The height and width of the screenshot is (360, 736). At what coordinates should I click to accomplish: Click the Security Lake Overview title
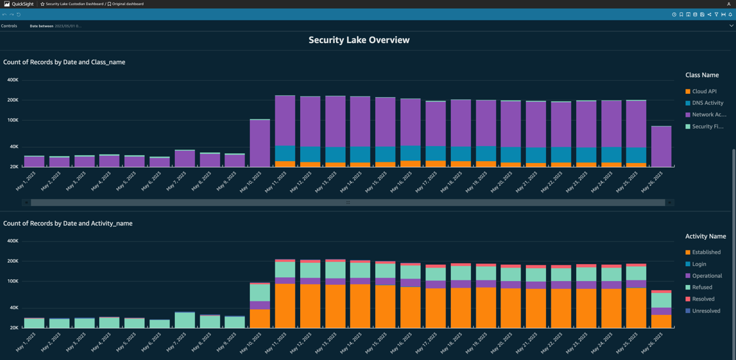click(x=359, y=40)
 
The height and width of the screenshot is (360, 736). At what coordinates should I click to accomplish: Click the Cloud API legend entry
click(x=704, y=91)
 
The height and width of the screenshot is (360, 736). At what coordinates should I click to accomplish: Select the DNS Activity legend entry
click(x=707, y=103)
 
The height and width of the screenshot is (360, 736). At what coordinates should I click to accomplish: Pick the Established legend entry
click(x=706, y=252)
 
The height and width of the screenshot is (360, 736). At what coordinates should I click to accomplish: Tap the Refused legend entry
click(x=702, y=288)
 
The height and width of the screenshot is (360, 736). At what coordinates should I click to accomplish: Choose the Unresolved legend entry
click(x=706, y=311)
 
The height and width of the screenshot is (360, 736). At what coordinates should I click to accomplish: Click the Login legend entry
click(x=699, y=264)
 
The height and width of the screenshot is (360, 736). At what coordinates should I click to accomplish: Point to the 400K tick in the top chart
click(x=13, y=80)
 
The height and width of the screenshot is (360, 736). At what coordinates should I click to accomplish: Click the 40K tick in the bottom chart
click(x=13, y=308)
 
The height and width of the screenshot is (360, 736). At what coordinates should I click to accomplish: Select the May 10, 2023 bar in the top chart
click(x=260, y=143)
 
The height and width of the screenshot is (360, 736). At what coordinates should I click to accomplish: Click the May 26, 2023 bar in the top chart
click(x=661, y=146)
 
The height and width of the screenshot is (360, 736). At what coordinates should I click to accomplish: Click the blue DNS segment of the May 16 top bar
click(x=410, y=153)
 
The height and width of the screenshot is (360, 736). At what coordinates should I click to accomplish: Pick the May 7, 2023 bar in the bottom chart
click(x=185, y=320)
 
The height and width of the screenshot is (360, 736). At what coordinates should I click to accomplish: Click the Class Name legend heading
click(x=701, y=75)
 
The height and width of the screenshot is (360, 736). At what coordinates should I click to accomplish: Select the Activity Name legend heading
click(x=705, y=236)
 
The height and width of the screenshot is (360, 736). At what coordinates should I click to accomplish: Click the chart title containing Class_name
click(x=64, y=62)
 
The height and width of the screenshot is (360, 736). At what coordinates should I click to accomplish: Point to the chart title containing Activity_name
click(x=68, y=223)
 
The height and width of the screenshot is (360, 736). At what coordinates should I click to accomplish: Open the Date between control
click(x=55, y=26)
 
